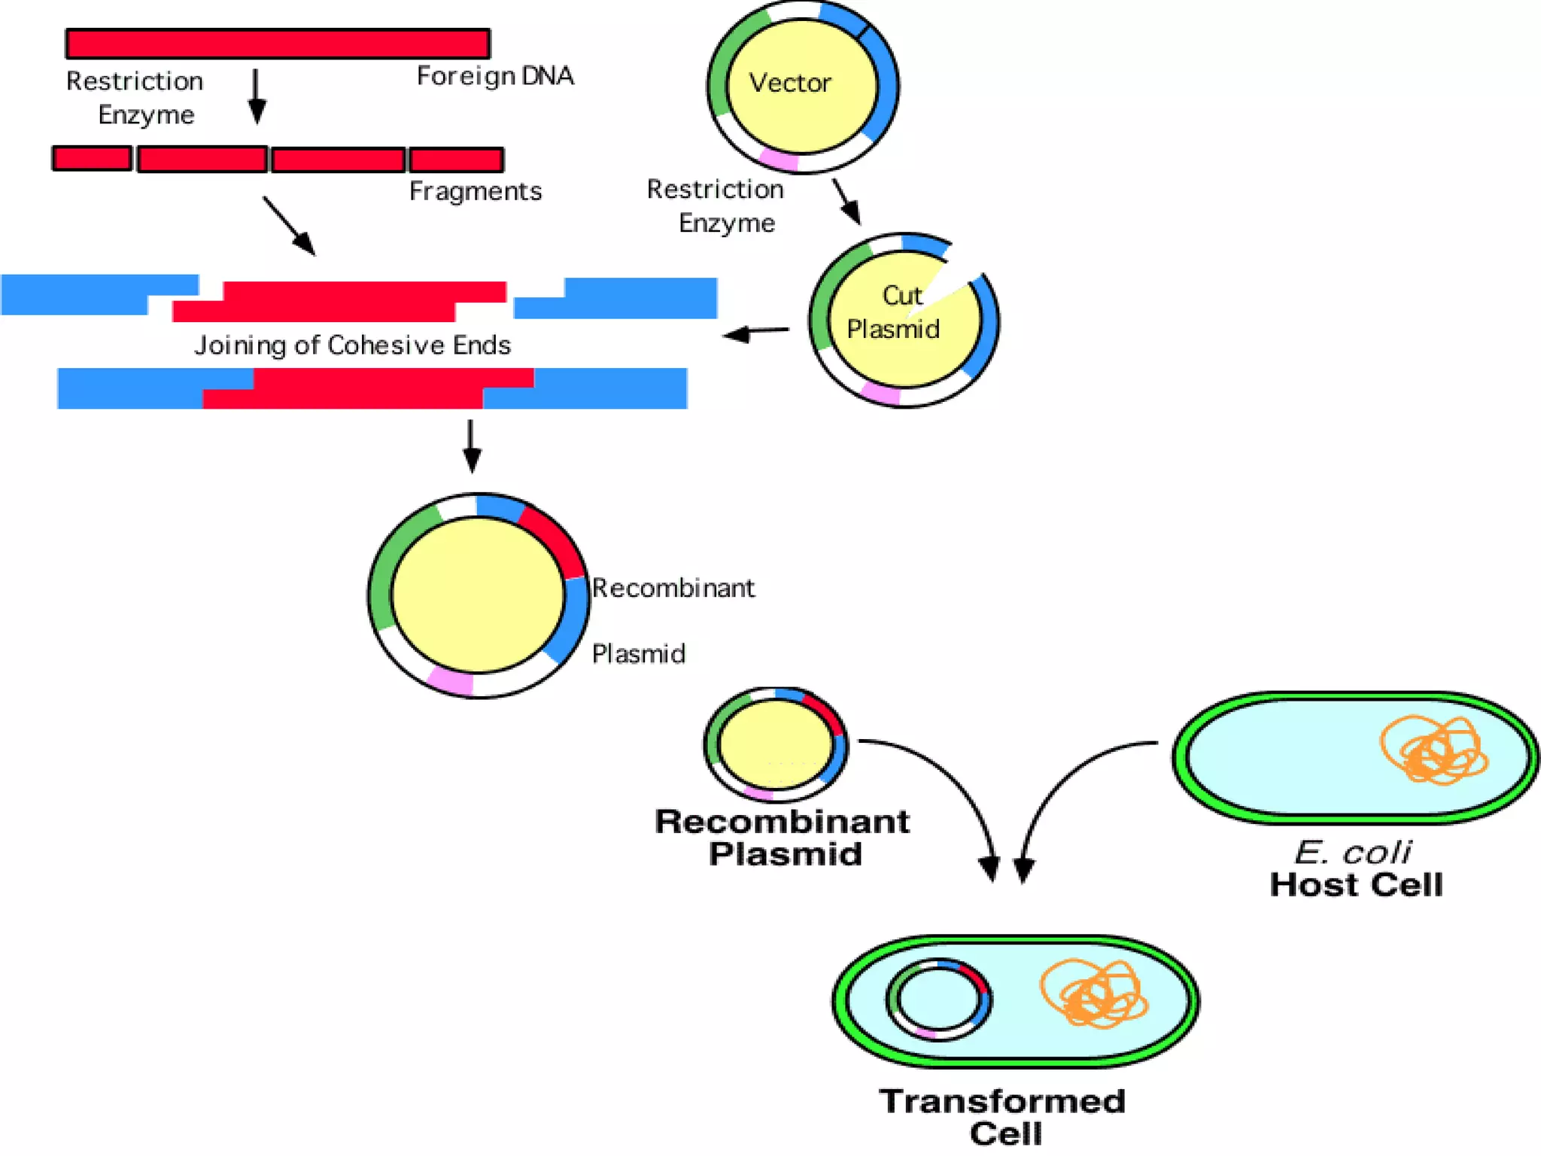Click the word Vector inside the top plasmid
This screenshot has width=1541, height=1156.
click(789, 83)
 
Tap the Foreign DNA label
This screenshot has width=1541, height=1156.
click(494, 76)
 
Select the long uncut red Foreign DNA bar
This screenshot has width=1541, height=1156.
click(278, 44)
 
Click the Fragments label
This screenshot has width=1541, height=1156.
click(475, 191)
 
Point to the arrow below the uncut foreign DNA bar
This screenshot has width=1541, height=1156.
click(257, 96)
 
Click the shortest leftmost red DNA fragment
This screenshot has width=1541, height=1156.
click(92, 159)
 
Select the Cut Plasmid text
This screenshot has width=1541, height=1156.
click(894, 312)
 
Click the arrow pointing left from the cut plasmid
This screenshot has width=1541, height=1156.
click(756, 332)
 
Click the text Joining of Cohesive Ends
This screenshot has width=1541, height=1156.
click(352, 345)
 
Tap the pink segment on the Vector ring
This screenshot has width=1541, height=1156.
click(778, 160)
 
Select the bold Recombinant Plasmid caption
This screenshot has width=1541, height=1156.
click(783, 838)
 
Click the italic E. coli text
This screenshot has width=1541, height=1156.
click(1352, 853)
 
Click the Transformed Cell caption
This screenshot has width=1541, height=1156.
click(1003, 1117)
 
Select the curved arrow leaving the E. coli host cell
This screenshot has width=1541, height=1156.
click(1068, 783)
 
